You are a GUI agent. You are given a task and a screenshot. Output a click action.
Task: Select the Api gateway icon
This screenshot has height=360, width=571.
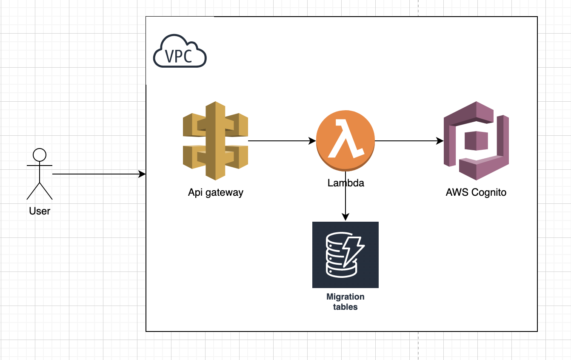pos(215,140)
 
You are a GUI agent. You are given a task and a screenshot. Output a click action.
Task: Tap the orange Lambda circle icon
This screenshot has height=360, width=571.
pos(345,141)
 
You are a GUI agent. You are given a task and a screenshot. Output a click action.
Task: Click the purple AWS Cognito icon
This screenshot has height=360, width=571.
pos(476,140)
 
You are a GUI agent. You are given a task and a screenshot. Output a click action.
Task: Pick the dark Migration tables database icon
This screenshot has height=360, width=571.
pos(345,255)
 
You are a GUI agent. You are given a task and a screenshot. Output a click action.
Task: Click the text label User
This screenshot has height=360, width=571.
pos(40,211)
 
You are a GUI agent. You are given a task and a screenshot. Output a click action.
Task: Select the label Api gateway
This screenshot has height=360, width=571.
pos(216,192)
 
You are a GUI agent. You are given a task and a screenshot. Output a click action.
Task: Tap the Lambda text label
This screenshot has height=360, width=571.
pos(345,183)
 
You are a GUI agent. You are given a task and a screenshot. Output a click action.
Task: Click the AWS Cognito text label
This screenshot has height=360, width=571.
pos(476,192)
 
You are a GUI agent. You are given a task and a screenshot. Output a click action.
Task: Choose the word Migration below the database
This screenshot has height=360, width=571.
pos(345,297)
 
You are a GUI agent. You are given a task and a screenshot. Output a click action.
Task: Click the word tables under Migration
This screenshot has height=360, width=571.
pos(345,307)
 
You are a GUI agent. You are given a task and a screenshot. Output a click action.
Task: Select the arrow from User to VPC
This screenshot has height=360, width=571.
pos(98,174)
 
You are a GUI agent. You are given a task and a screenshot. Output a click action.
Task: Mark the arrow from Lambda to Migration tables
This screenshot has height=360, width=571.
pos(345,200)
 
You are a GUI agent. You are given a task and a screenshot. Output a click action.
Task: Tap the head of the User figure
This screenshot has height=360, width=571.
pos(40,154)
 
